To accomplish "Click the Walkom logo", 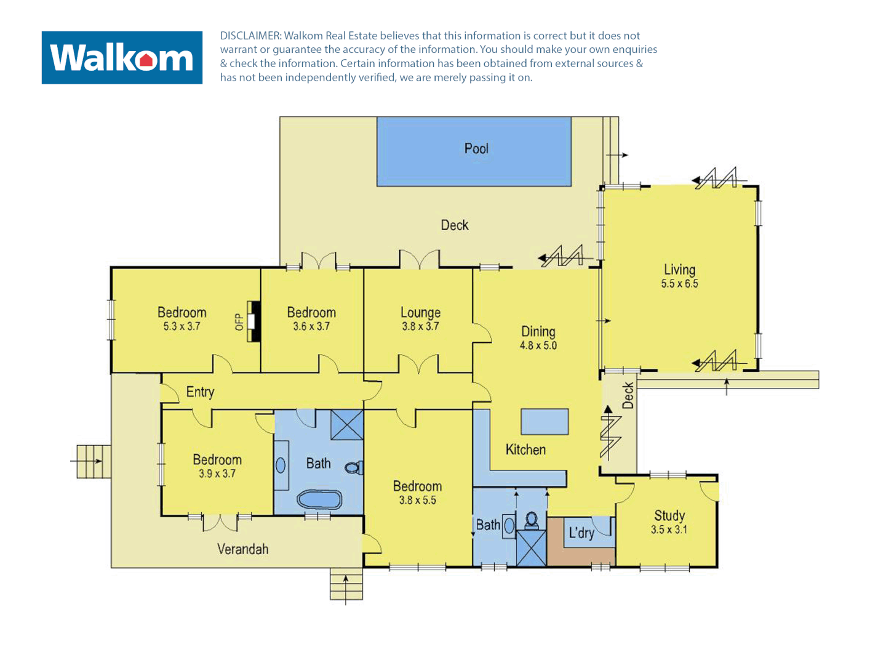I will point(122,58).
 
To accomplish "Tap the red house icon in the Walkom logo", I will point(146,60).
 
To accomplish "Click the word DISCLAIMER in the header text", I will point(250,36).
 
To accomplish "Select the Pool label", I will point(476,148).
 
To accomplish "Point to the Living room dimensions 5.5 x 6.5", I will point(679,284).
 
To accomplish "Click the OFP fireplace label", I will point(239,321).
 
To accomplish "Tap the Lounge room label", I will point(420,312).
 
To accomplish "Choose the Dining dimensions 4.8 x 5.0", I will point(538,345).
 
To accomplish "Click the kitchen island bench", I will point(545,422).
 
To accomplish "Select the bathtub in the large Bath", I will point(319,499).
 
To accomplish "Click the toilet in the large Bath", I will point(353,468).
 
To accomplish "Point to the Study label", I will point(669,515).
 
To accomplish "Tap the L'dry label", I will point(581,533).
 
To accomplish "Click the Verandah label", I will point(243,549).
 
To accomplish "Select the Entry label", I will point(200,392).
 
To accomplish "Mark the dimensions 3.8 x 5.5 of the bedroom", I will point(417,500).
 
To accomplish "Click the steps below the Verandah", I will point(346,584).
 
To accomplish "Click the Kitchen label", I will point(525,449).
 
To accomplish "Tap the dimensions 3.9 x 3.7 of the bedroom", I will point(217,474).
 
